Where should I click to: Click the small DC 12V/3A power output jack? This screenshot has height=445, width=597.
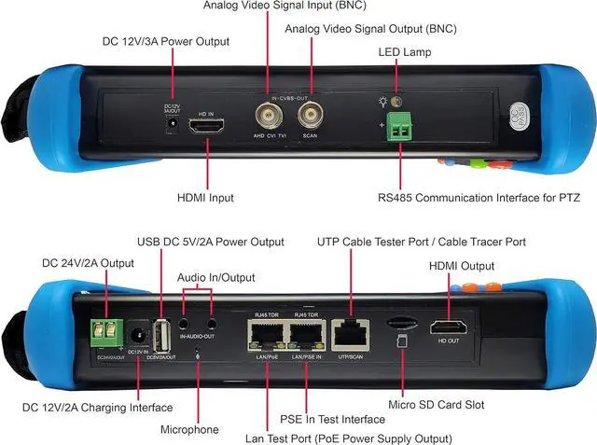click(x=172, y=126)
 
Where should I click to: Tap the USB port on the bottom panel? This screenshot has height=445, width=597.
click(x=163, y=332)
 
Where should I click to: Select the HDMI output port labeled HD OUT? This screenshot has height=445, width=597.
click(x=446, y=327)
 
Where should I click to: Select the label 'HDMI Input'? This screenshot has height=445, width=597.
click(x=204, y=198)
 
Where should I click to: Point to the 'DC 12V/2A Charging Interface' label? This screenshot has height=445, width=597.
click(x=97, y=407)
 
